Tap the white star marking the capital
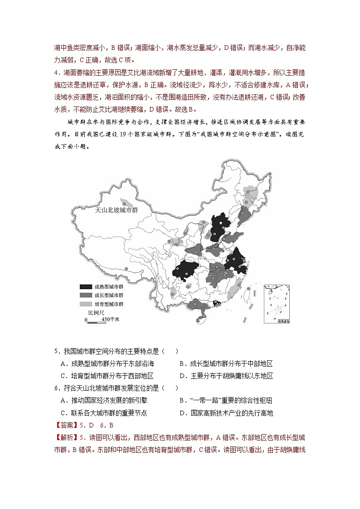pos(221,223)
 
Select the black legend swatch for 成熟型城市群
pos(85,287)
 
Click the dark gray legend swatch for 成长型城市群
pos(85,296)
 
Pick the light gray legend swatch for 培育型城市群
pos(85,304)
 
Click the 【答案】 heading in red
pos(66,425)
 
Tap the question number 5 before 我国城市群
pos(56,351)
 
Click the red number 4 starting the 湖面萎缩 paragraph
pos(56,73)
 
